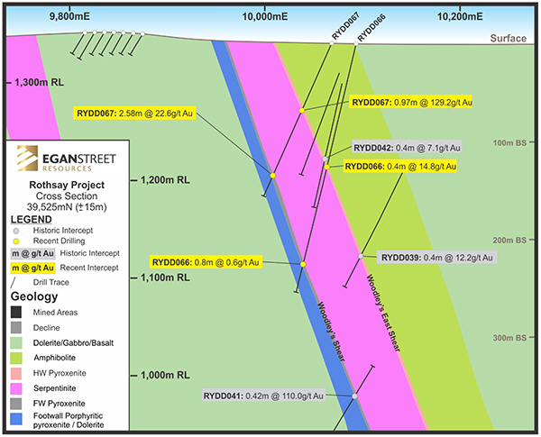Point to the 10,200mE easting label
click(x=457, y=15)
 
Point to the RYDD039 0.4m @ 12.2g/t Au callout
click(x=436, y=258)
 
